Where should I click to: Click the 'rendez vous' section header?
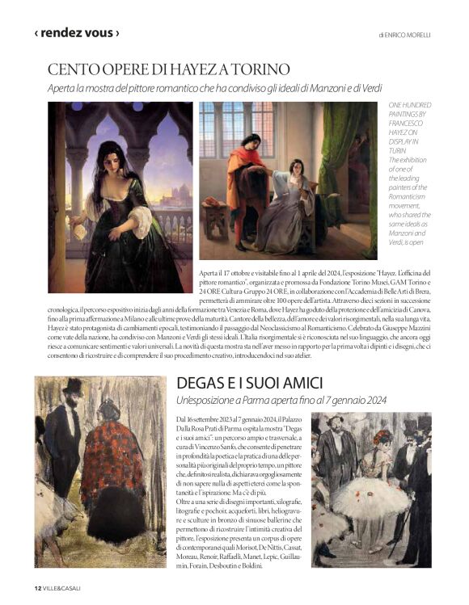[x=76, y=33]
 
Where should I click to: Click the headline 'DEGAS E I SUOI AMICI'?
[x=250, y=384]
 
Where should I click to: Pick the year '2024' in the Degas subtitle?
[x=373, y=401]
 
